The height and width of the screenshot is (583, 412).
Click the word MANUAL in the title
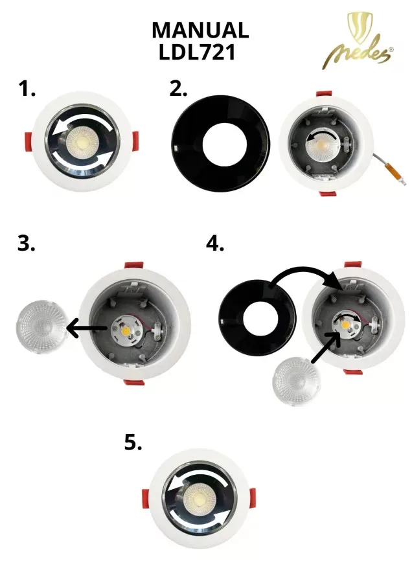click(200, 30)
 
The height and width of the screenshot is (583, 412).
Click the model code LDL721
click(197, 52)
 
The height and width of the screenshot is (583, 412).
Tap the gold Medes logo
click(358, 41)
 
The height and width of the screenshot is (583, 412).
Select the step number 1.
click(27, 89)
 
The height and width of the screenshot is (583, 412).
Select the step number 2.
click(178, 89)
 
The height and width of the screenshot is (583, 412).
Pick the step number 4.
click(215, 244)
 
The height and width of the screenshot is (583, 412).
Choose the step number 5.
click(133, 442)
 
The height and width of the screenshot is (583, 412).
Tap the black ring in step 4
click(257, 318)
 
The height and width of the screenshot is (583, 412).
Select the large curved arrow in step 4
click(301, 269)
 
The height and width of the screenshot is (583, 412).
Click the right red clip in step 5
click(252, 498)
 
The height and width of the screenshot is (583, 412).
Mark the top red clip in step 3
click(134, 265)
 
